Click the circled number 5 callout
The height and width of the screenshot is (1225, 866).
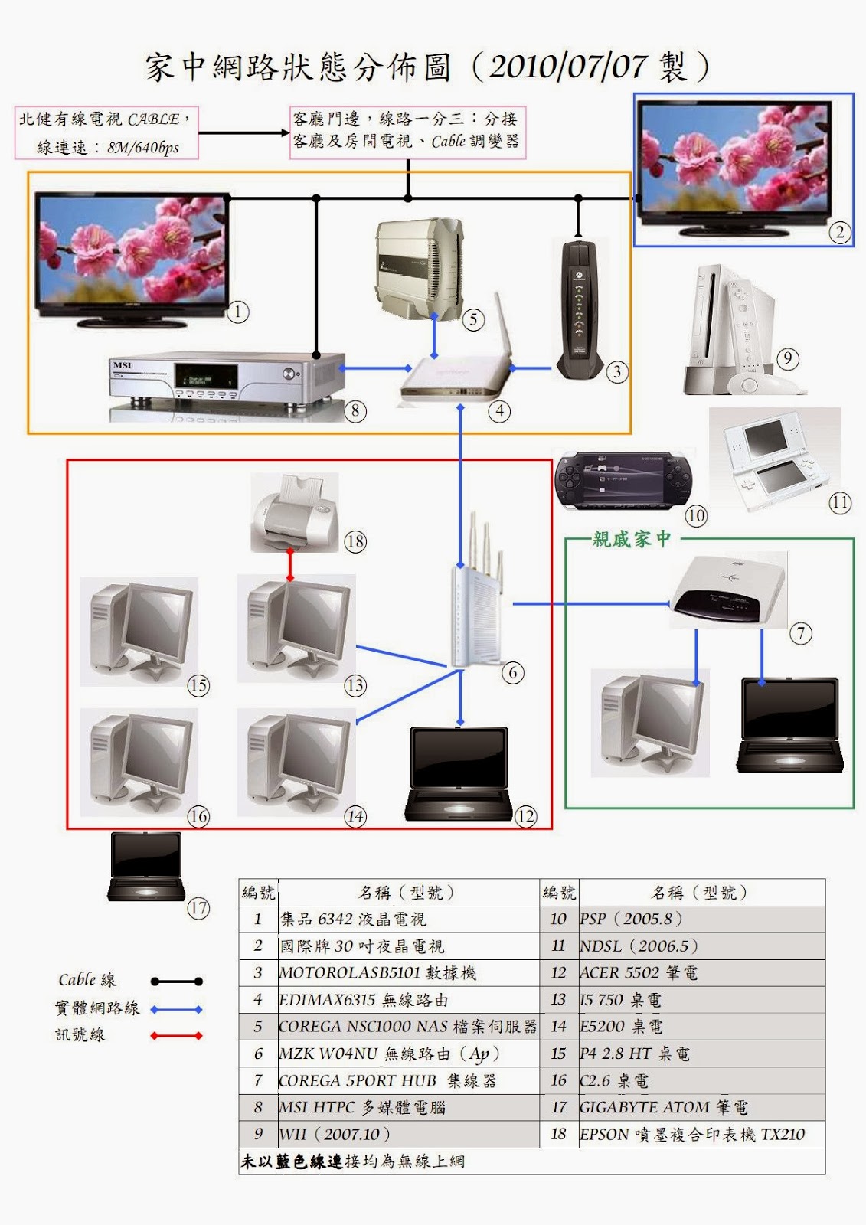pos(473,319)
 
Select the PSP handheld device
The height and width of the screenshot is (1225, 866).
pos(624,481)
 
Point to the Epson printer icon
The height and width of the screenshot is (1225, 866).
pos(295,512)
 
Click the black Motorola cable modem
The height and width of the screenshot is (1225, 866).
pos(580,311)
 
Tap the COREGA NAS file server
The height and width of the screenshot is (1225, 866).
pos(419,269)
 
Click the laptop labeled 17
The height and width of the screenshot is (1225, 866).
pos(146,867)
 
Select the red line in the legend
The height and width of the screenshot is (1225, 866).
pos(177,1036)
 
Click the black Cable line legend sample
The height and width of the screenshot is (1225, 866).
pos(177,982)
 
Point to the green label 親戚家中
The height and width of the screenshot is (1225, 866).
pos(632,539)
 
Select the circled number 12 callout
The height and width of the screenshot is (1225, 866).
pos(525,816)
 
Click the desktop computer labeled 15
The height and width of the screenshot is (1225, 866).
pos(139,632)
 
